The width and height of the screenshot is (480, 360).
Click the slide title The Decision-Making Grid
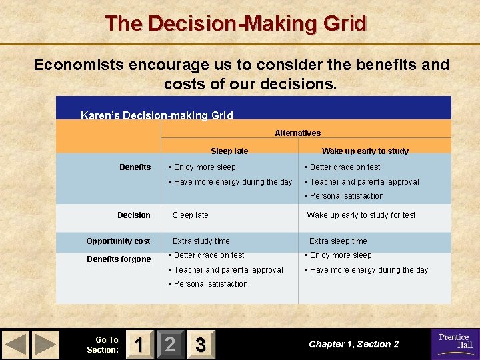236,24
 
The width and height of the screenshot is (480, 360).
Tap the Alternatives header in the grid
297,133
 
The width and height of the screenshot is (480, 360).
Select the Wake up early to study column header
365,151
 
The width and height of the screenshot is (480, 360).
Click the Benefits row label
135,167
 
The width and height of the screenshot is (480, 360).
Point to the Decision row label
134,215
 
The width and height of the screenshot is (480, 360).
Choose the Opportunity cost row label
118,241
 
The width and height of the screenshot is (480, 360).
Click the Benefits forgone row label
119,259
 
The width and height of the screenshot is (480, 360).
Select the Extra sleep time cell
338,241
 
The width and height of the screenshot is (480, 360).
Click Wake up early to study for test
361,215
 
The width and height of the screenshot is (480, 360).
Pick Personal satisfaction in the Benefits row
346,196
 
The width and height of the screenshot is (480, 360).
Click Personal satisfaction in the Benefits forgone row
210,284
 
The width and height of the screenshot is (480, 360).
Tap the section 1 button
138,344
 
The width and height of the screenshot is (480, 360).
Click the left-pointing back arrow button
16,344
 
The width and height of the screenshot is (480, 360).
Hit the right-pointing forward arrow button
45,344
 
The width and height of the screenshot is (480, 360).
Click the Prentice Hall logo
455,343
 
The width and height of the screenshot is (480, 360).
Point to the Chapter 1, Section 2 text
353,344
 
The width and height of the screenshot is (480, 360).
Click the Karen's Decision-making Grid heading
157,115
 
